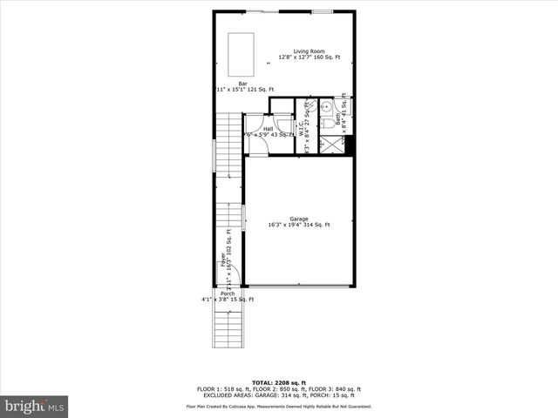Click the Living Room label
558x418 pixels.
coord(310,51)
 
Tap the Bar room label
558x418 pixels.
coord(230,84)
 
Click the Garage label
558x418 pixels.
coord(299,219)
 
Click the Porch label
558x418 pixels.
coord(228,293)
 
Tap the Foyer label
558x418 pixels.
coord(223,260)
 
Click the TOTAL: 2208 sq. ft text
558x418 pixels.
coord(278,382)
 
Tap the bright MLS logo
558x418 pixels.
coord(35,406)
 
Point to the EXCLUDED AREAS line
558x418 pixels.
coord(278,395)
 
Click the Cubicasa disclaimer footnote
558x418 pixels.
coord(278,407)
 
